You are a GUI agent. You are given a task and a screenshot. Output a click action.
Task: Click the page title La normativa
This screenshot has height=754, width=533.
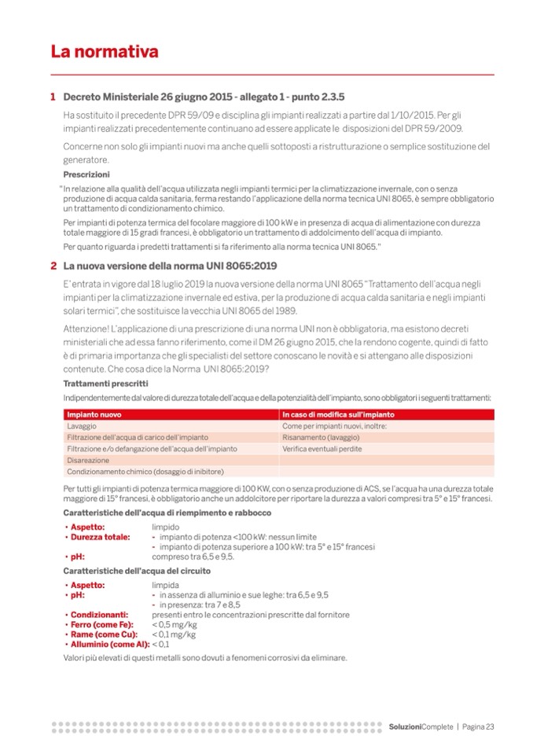(x=105, y=53)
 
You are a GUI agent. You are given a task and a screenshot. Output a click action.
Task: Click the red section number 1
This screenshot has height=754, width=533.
(x=53, y=97)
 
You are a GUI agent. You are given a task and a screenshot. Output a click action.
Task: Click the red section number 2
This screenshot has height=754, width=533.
(x=53, y=266)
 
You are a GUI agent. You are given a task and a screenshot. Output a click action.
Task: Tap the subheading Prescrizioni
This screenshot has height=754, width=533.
(x=86, y=174)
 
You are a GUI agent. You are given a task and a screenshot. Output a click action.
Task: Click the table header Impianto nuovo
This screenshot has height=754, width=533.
(x=94, y=414)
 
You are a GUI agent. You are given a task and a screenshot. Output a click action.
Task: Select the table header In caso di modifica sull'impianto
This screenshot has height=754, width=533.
(x=338, y=414)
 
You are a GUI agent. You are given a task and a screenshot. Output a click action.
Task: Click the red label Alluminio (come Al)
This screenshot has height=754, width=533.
(x=109, y=644)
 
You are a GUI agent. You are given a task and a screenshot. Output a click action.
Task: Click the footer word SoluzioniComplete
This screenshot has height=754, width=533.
(x=421, y=726)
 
